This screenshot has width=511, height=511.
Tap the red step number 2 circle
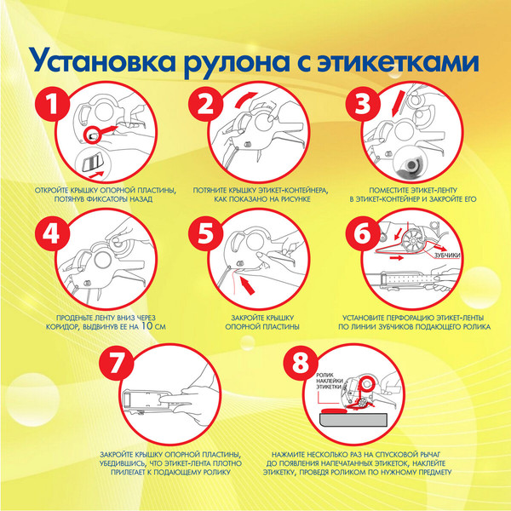coord(205,105)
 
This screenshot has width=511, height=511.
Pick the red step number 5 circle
coord(205,234)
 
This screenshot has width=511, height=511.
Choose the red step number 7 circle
coord(119,362)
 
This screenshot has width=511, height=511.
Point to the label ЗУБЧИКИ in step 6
coord(449,254)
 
